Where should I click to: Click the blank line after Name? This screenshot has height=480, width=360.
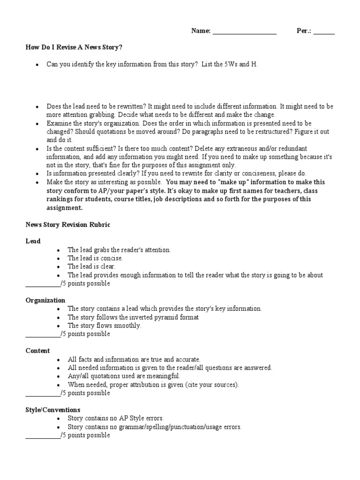tap(244, 32)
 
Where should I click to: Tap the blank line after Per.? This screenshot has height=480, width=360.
tap(324, 32)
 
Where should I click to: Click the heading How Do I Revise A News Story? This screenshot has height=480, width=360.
tap(74, 47)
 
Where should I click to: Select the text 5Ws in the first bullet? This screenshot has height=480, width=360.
tap(231, 64)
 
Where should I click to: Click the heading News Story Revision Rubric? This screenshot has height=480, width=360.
tap(67, 225)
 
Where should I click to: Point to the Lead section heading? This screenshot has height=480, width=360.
tap(33, 241)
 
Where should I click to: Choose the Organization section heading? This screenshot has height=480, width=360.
tap(45, 300)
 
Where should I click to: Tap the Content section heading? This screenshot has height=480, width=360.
tap(37, 351)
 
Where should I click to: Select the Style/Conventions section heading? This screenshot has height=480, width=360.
tap(52, 410)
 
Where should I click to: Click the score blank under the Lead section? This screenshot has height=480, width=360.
tap(42, 284)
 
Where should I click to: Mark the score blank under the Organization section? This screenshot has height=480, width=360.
tap(42, 334)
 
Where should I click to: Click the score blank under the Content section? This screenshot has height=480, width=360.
tap(42, 393)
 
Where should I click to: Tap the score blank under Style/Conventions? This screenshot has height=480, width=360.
tap(42, 435)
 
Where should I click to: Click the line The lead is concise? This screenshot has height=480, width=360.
tap(95, 258)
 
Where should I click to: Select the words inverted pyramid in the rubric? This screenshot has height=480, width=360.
tap(159, 317)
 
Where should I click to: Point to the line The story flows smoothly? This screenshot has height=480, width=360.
tap(104, 325)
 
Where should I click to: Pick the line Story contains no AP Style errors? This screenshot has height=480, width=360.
tap(115, 418)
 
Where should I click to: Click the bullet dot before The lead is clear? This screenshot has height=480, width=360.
tap(58, 267)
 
